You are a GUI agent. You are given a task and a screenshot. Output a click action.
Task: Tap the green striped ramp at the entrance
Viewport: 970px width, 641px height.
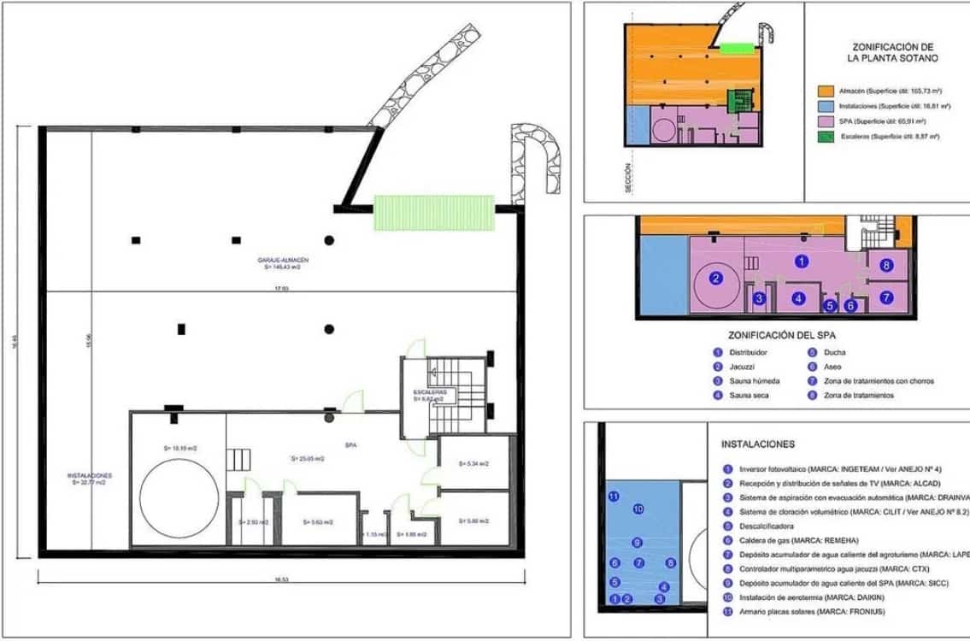click(434, 212)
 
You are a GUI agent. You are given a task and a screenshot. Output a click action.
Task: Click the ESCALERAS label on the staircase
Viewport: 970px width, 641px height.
click(428, 392)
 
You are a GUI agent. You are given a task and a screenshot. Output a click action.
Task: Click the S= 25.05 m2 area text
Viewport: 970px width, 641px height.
click(307, 458)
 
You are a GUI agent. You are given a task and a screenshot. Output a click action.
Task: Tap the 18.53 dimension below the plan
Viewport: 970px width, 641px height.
click(280, 579)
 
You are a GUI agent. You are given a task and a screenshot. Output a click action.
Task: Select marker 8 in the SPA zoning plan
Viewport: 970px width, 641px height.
click(886, 266)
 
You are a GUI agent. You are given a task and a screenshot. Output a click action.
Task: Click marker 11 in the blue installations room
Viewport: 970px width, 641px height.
click(613, 497)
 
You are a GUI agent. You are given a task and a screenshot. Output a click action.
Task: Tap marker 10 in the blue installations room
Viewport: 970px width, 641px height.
click(638, 509)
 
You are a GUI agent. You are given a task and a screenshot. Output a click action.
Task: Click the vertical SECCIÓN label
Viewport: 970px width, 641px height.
click(627, 179)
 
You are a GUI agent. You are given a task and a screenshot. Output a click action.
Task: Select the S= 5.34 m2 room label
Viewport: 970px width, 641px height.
click(472, 463)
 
